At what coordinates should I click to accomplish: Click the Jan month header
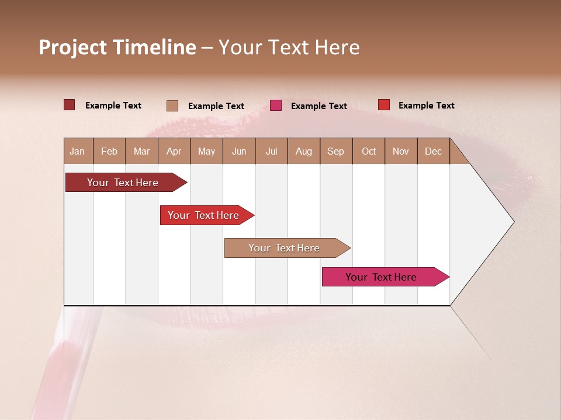[77, 151]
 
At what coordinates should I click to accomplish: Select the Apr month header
[174, 151]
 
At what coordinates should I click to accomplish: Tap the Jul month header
[271, 151]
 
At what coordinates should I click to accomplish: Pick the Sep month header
[335, 151]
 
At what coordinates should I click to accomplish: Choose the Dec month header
[433, 151]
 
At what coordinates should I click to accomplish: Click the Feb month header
[109, 151]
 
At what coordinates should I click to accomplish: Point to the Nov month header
[401, 151]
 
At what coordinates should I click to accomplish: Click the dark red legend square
[70, 105]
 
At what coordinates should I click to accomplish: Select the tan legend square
[172, 106]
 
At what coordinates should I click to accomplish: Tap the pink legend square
[276, 106]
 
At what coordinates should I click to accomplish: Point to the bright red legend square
[383, 105]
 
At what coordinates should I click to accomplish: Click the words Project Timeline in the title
[117, 47]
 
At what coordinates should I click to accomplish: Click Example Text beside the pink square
[318, 106]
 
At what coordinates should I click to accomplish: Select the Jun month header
[239, 151]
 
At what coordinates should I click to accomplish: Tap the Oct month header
[369, 151]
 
